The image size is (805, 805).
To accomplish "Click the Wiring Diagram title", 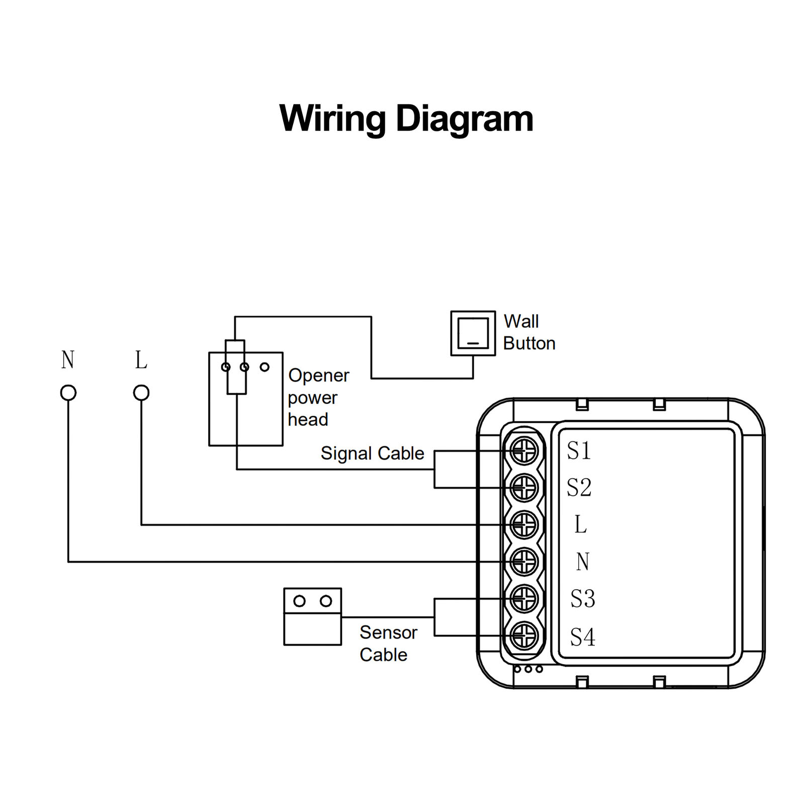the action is [x=406, y=119].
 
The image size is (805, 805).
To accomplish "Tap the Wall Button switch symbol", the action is [x=473, y=333].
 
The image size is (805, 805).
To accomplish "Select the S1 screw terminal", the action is [x=524, y=451].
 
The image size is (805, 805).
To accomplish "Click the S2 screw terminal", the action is [x=524, y=488].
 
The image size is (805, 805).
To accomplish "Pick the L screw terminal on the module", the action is [x=524, y=525].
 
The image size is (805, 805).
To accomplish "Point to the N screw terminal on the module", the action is [x=524, y=562].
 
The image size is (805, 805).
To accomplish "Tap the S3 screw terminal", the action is [x=524, y=599].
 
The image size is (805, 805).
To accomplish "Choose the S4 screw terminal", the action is [x=524, y=636].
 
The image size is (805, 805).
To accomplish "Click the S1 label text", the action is [x=579, y=451].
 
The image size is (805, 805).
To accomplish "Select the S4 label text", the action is [x=582, y=637].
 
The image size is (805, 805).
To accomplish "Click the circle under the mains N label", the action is [x=68, y=393].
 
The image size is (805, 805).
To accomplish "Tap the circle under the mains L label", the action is [x=141, y=393].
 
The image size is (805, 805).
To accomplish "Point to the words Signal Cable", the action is [x=373, y=453].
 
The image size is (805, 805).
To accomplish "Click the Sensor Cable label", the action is [x=388, y=644].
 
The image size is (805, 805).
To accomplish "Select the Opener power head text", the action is [x=319, y=397].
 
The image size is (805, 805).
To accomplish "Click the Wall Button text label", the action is [x=529, y=332].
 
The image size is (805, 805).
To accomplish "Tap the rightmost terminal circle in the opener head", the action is [x=264, y=367].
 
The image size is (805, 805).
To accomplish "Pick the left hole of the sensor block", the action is [x=299, y=601].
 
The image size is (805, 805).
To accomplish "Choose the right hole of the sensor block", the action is [x=326, y=601].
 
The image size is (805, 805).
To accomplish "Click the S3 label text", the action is [x=582, y=599].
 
